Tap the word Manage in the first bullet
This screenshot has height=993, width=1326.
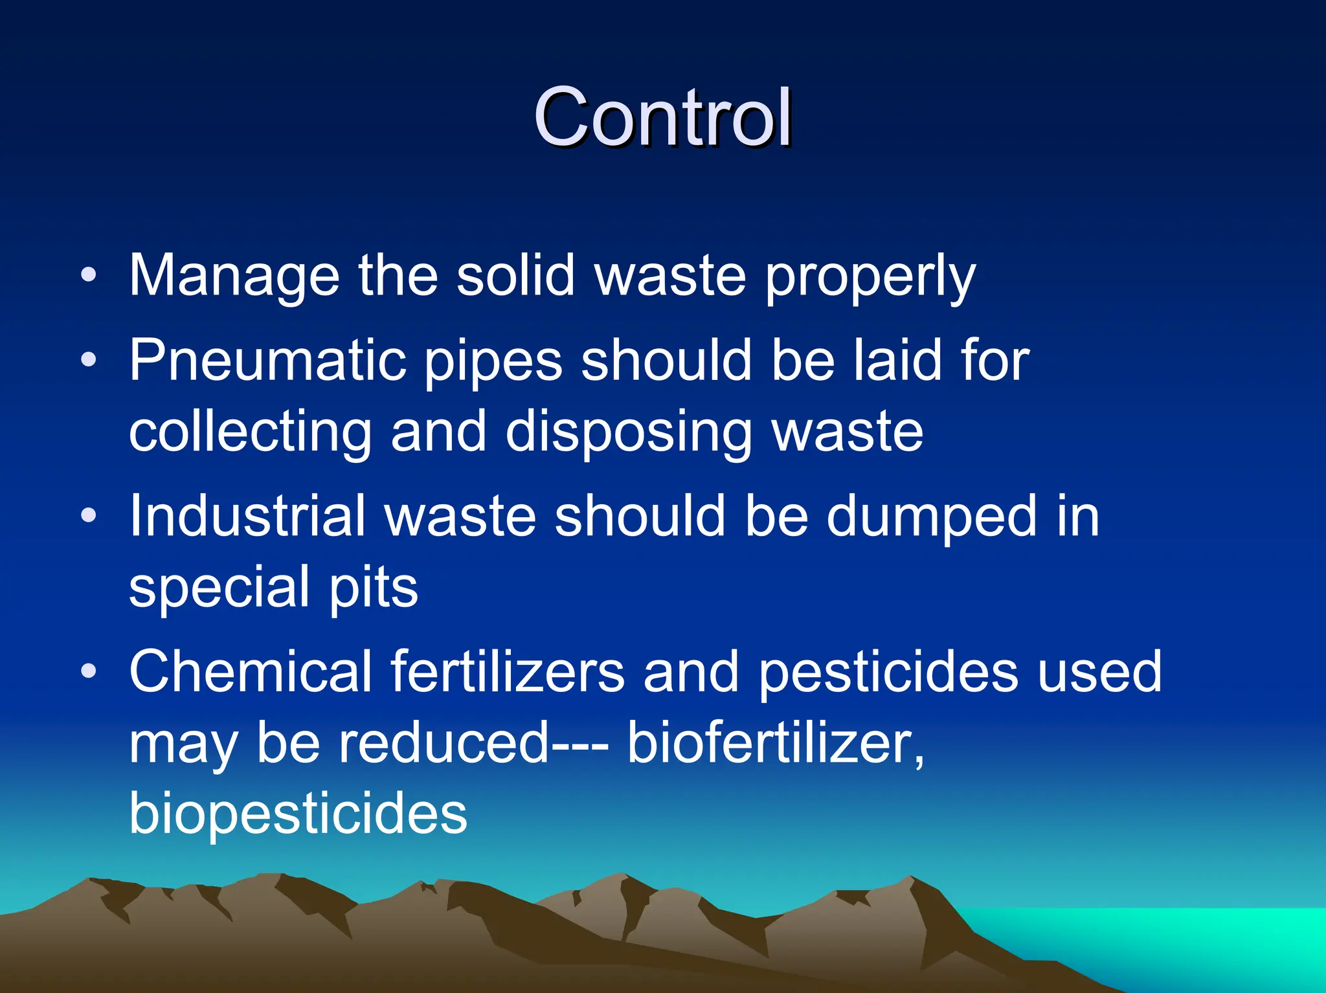point(234,276)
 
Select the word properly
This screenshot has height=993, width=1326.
point(870,276)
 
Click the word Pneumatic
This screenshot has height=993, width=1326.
point(267,361)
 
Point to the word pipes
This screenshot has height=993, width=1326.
point(493,361)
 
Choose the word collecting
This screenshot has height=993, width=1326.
point(250,432)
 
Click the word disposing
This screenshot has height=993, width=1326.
point(628,432)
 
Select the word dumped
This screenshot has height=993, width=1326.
point(931,516)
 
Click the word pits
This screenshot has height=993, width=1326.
point(374,587)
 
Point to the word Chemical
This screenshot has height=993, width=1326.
point(250,671)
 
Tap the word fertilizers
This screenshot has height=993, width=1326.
point(508,671)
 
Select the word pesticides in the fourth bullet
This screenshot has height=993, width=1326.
point(888,671)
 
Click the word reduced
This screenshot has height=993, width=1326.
point(444,742)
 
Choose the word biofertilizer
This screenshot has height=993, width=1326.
point(774,742)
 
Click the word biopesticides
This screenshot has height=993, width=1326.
point(298,814)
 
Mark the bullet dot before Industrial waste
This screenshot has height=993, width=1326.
point(89,516)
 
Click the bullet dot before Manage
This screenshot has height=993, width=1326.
point(89,276)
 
